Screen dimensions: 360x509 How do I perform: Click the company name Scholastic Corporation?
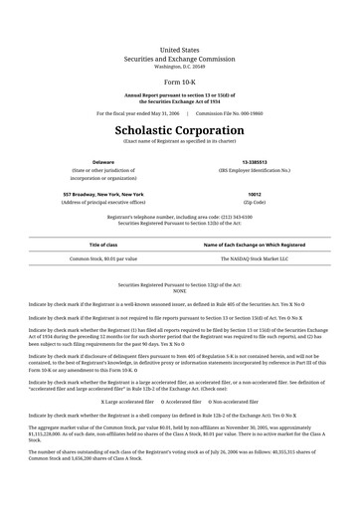click(x=179, y=130)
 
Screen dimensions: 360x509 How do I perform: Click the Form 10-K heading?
click(x=179, y=84)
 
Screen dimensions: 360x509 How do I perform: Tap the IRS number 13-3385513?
click(x=254, y=161)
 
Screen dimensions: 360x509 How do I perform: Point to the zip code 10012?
click(x=254, y=194)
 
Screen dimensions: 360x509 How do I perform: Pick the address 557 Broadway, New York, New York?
click(x=103, y=194)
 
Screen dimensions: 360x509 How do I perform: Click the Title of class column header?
click(x=103, y=244)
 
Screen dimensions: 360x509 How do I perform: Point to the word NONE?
click(x=179, y=290)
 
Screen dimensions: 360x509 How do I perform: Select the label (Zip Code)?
click(x=254, y=202)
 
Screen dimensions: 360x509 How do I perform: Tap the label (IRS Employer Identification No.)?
click(x=254, y=170)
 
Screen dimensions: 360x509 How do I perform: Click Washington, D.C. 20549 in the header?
click(x=179, y=66)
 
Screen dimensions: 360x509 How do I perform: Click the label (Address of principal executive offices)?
click(x=103, y=202)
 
